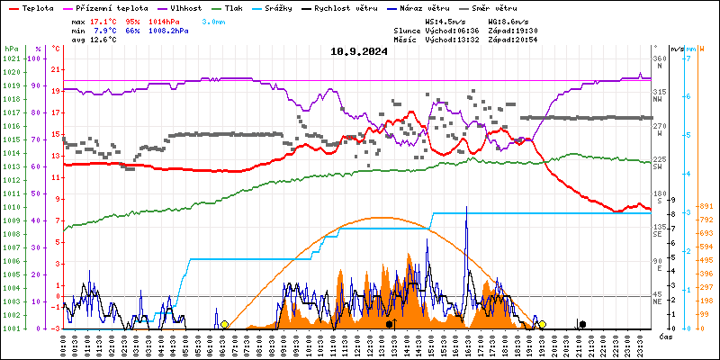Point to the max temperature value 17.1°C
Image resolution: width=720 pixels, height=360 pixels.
[106, 21]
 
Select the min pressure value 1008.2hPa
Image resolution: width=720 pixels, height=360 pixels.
[193, 31]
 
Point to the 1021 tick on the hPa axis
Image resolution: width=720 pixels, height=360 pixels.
[11, 58]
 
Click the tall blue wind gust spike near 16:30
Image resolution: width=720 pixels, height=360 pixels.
[466, 209]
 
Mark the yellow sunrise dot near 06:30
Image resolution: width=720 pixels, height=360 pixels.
[224, 324]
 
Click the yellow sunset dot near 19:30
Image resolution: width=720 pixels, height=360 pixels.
[542, 324]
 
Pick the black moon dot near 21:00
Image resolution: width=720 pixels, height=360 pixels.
[582, 324]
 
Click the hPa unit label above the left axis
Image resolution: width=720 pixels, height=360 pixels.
[11, 48]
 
